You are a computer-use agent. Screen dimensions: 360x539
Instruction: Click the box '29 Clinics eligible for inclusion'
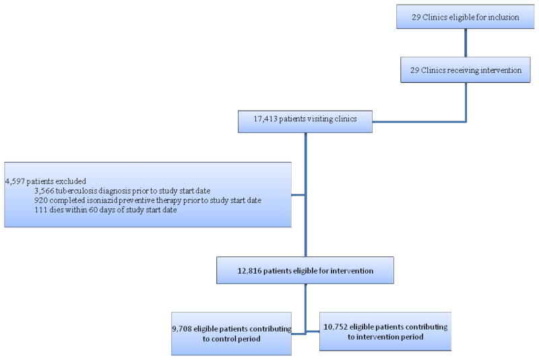466,18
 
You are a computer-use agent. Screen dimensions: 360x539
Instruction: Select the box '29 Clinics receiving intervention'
466,69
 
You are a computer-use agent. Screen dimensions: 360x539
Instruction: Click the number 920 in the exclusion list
42,201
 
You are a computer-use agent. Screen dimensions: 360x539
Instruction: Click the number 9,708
184,328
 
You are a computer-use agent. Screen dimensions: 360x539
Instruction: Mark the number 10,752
340,326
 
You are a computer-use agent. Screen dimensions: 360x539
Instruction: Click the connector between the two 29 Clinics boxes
466,44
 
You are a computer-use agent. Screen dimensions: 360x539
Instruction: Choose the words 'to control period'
232,339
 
